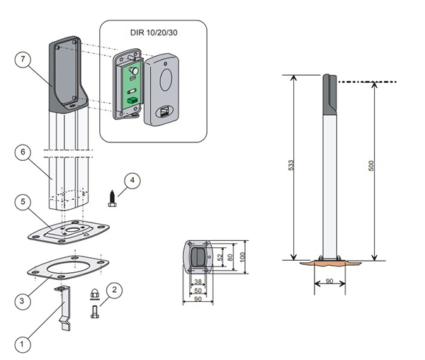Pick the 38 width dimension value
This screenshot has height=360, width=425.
click(198, 281)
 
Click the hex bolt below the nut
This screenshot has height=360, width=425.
click(93, 310)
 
